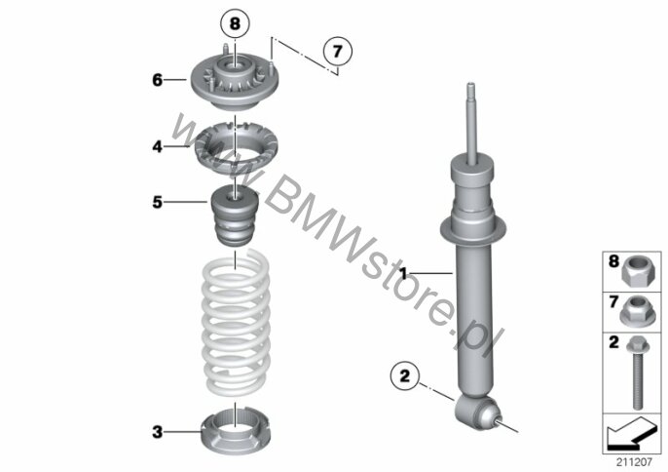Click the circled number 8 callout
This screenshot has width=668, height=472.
(235, 23)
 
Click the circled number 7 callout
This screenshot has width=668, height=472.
(337, 52)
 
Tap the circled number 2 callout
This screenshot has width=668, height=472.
(404, 375)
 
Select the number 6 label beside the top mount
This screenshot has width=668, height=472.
(158, 80)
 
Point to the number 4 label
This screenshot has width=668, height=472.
(158, 147)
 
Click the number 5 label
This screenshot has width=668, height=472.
(158, 202)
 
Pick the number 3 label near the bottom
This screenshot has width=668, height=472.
(158, 432)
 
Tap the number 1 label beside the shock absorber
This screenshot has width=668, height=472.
(403, 273)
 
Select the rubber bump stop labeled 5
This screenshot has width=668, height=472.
(235, 216)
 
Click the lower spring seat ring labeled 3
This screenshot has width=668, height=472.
(236, 433)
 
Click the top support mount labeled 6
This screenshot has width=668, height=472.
(235, 81)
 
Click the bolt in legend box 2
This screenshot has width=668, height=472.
(637, 373)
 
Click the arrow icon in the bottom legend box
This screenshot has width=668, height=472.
(632, 434)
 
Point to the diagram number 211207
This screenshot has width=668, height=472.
(634, 461)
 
